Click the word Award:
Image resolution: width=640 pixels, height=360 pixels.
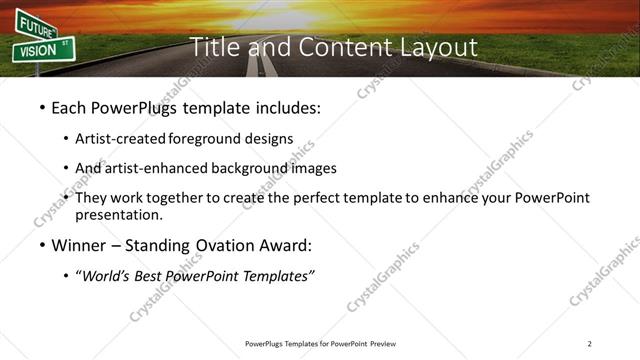[284, 245]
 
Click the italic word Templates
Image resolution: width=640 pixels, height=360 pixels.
[278, 276]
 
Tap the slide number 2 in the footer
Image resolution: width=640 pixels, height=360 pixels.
[590, 344]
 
